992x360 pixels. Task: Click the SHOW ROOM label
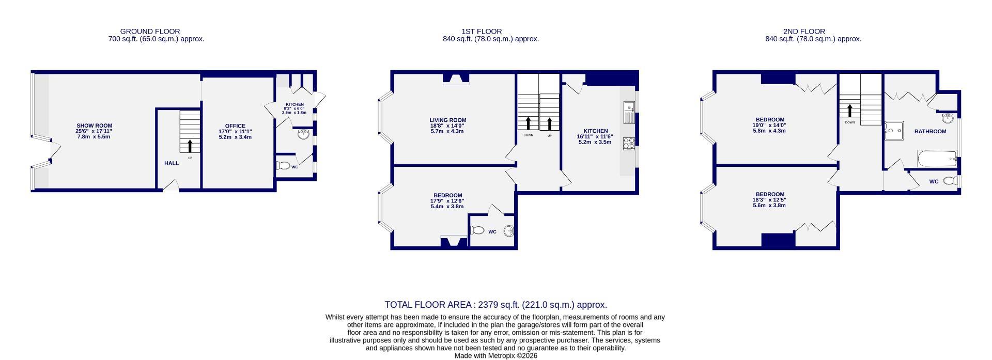tap(94, 126)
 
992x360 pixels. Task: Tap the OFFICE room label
tap(235, 126)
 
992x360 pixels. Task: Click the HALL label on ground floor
tap(172, 163)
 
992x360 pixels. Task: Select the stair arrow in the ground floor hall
tap(190, 146)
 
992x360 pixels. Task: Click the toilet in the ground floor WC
tap(283, 166)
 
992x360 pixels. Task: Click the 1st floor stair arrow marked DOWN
tap(528, 123)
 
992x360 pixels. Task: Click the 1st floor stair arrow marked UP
tap(550, 123)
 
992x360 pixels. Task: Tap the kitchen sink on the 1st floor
tap(629, 112)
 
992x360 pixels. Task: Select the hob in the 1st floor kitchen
tap(628, 143)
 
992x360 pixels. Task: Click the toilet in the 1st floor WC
tap(477, 230)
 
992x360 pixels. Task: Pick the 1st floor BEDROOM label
tap(447, 195)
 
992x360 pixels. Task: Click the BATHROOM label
tap(930, 131)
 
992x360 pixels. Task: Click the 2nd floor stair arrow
tap(849, 111)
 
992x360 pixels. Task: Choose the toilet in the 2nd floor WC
tap(950, 181)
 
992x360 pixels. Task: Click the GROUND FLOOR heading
tap(150, 32)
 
